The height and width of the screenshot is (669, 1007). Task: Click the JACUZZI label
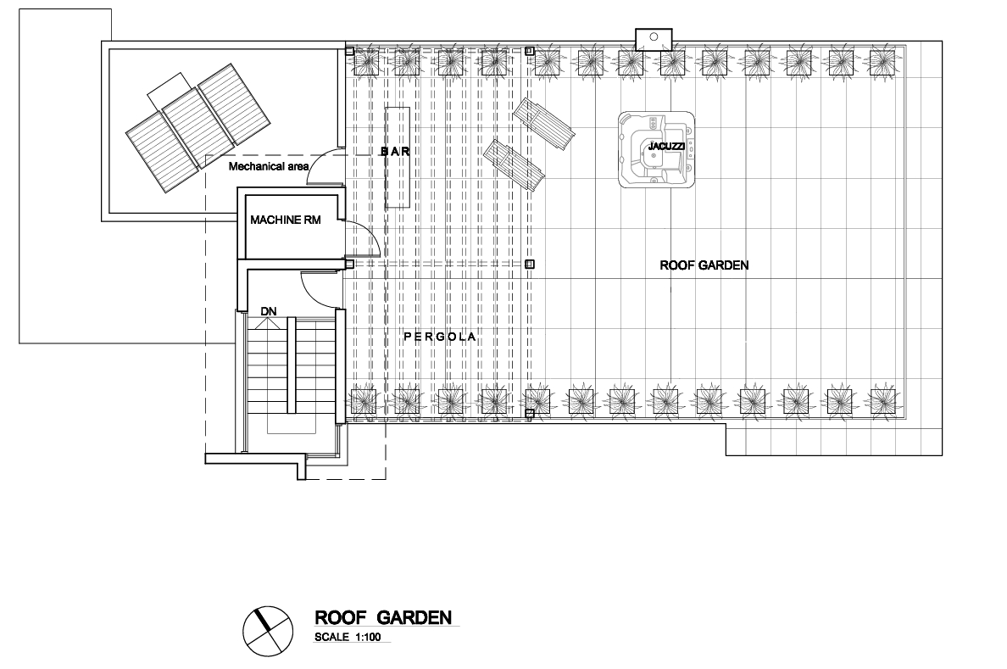pyautogui.click(x=661, y=147)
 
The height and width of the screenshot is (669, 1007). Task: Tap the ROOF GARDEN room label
pyautogui.click(x=704, y=265)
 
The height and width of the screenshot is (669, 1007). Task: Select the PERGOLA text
pyautogui.click(x=440, y=337)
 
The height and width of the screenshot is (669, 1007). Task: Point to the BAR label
pyautogui.click(x=395, y=152)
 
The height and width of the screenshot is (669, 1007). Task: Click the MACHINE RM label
pyautogui.click(x=285, y=220)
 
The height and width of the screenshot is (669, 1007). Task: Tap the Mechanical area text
pyautogui.click(x=269, y=166)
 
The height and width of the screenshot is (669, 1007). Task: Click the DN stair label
pyautogui.click(x=269, y=312)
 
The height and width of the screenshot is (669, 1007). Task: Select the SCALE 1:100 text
pyautogui.click(x=348, y=638)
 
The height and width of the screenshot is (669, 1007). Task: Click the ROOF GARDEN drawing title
pyautogui.click(x=383, y=617)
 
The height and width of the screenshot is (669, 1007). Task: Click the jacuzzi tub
pyautogui.click(x=657, y=150)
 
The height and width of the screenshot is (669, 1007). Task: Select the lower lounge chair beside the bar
pyautogui.click(x=515, y=164)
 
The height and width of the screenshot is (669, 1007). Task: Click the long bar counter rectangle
pyautogui.click(x=398, y=157)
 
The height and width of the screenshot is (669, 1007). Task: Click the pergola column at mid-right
pyautogui.click(x=530, y=265)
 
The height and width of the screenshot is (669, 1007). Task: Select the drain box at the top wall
pyautogui.click(x=654, y=39)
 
